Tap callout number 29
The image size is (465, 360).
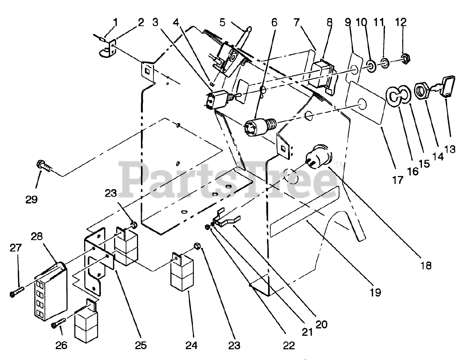[32, 199]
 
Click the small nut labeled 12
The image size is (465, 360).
[403, 57]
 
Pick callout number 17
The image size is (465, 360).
[398, 179]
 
